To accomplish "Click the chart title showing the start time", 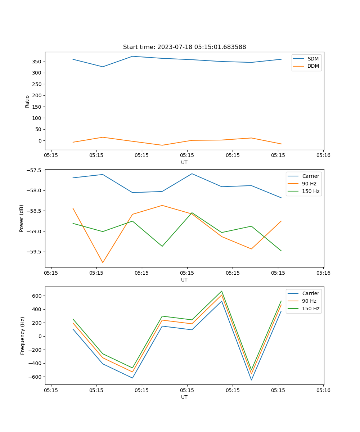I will coord(184,47).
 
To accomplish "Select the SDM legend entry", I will coord(313,59).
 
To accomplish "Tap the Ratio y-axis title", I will coord(27,101).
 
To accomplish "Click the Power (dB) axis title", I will coord(22,218).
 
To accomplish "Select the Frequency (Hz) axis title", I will coord(23,336).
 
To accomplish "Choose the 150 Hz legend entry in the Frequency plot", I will coord(311,309).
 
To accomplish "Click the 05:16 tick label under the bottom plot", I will coord(323,390).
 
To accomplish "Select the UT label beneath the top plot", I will coord(184,162).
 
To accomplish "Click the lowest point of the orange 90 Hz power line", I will coord(103,262).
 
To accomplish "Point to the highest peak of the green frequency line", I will coord(222,291).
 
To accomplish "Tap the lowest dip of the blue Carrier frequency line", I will coord(251,380).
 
